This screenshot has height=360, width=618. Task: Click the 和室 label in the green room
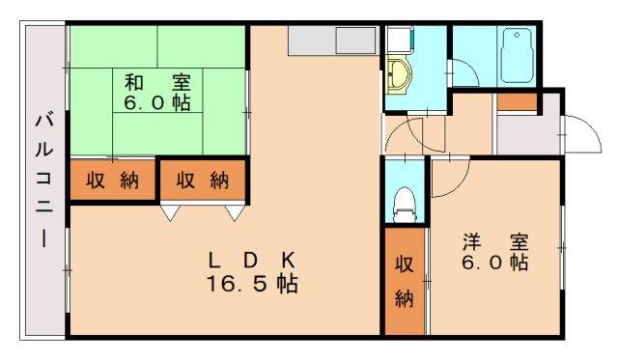(x=156, y=81)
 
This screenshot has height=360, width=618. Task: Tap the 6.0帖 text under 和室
(x=156, y=101)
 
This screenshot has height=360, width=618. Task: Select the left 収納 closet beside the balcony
(x=112, y=180)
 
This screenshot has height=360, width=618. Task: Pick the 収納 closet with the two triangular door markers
(x=203, y=180)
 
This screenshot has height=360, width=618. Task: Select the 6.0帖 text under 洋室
(x=492, y=262)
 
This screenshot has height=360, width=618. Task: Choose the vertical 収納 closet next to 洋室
(x=405, y=280)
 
